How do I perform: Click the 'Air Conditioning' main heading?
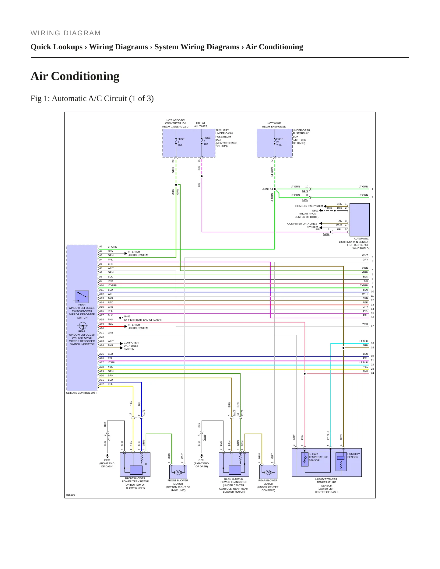(75, 76)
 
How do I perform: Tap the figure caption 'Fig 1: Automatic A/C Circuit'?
(92, 99)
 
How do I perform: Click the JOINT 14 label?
(267, 189)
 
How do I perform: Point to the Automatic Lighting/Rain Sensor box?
(359, 220)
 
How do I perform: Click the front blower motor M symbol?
(178, 472)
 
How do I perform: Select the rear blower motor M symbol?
(268, 472)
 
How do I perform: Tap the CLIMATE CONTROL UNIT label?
(82, 393)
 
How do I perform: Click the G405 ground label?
(127, 316)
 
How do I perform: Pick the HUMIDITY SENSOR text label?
(353, 456)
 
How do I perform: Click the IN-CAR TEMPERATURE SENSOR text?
(318, 457)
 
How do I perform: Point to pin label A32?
(101, 384)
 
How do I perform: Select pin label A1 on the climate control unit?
(101, 247)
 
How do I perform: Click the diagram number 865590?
(70, 495)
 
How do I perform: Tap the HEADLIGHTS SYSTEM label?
(309, 206)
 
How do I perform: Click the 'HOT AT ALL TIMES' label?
(201, 125)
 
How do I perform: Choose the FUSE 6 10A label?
(207, 141)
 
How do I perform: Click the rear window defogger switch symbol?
(82, 297)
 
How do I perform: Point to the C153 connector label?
(326, 234)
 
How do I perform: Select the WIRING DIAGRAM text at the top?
(65, 33)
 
